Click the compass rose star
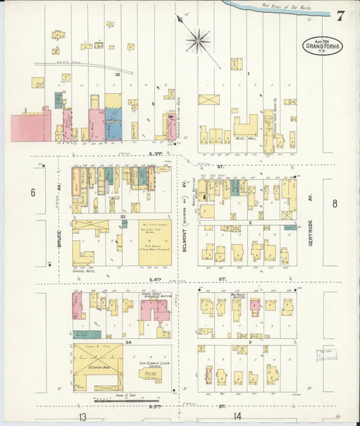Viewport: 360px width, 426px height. tap(198, 41)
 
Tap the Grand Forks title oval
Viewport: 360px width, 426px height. tap(322, 46)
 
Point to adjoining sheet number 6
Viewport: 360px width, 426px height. tap(32, 192)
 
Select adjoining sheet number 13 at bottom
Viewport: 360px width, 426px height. tap(82, 416)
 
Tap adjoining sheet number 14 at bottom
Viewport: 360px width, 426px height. tap(237, 416)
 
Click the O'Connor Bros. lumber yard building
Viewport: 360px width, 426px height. tap(99, 367)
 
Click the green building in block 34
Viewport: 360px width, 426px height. tap(88, 334)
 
